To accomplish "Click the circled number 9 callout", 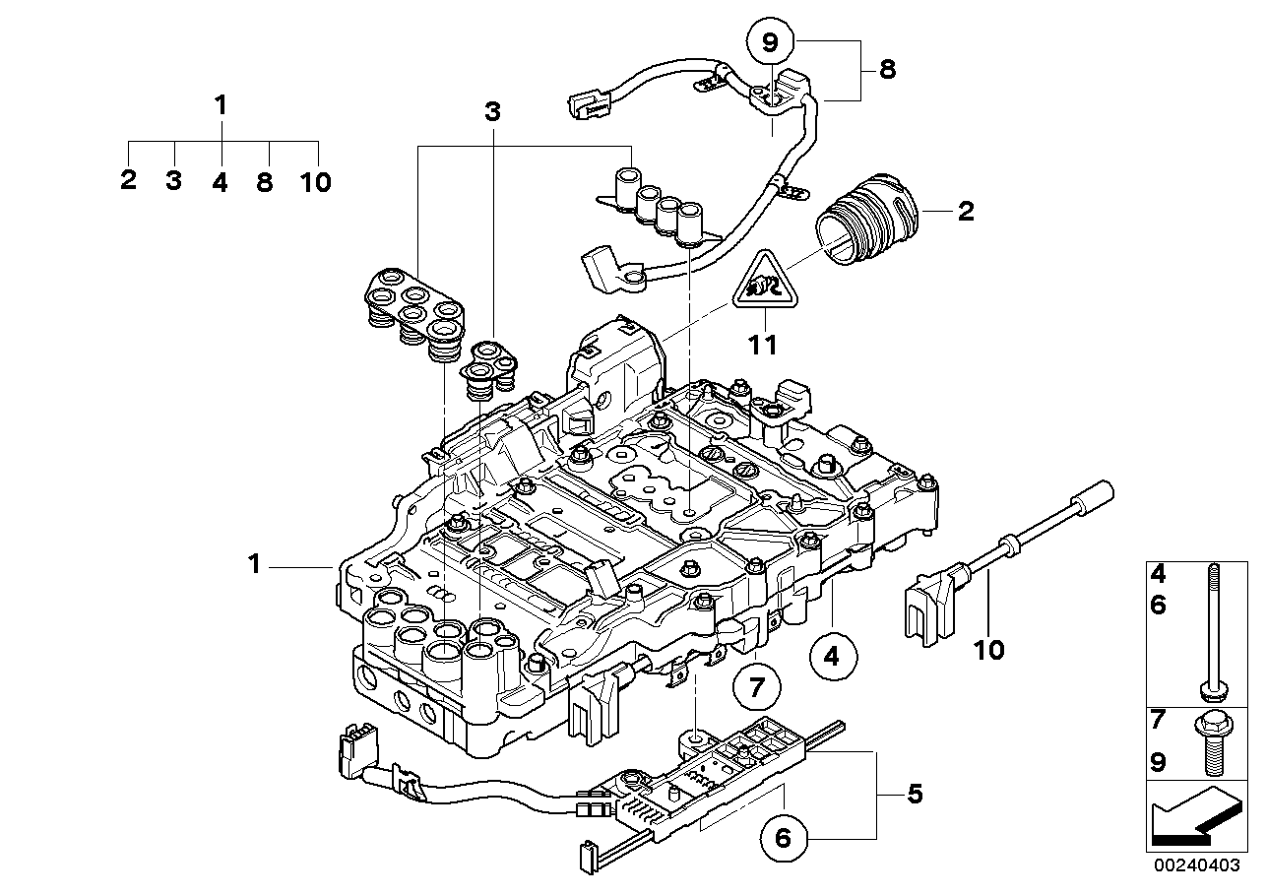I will pyautogui.click(x=770, y=42).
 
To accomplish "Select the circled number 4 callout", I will pyautogui.click(x=833, y=655).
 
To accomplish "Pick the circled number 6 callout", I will pyautogui.click(x=784, y=838).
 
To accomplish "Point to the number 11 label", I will pyautogui.click(x=763, y=345).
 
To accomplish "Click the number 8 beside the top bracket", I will pyautogui.click(x=888, y=71).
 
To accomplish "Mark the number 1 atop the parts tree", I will pyautogui.click(x=222, y=104).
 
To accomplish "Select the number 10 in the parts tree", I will pyautogui.click(x=317, y=182).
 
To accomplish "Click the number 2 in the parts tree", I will pyautogui.click(x=128, y=182).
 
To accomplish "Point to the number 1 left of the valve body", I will pyautogui.click(x=254, y=565).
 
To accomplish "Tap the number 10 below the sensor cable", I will pyautogui.click(x=989, y=651).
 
